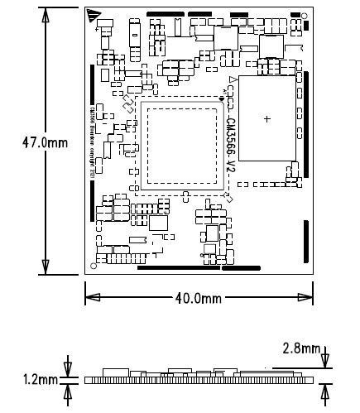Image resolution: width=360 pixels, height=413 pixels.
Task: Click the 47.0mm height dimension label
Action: pyautogui.click(x=45, y=142)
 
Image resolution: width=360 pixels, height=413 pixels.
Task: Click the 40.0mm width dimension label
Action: pyautogui.click(x=199, y=298)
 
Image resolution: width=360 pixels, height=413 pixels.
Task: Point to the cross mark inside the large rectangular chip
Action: pyautogui.click(x=266, y=119)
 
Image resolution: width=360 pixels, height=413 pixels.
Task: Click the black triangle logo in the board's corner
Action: pyautogui.click(x=93, y=16)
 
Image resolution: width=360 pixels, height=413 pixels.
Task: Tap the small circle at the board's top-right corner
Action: pyautogui.click(x=306, y=14)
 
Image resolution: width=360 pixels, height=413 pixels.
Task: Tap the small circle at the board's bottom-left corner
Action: pyautogui.click(x=91, y=267)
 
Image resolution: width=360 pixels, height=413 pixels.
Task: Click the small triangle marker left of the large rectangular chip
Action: pyautogui.click(x=230, y=81)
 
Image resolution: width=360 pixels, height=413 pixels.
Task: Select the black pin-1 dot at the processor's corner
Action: pyautogui.click(x=222, y=98)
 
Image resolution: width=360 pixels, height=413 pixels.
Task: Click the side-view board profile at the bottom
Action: pyautogui.click(x=199, y=378)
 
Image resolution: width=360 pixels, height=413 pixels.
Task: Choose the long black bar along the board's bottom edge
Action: pyautogui.click(x=179, y=268)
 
